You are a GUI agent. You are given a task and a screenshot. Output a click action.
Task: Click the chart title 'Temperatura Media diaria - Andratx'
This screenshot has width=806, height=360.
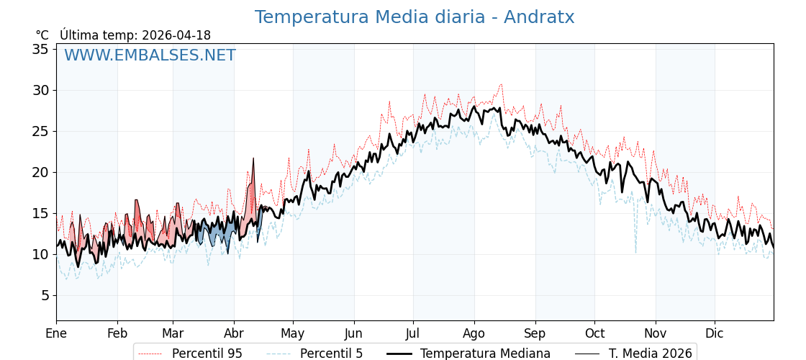coord(415,17)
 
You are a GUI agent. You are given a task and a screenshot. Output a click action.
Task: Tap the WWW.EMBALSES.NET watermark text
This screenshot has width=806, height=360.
coord(150,55)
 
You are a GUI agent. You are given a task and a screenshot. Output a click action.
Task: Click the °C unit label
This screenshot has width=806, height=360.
coord(42,35)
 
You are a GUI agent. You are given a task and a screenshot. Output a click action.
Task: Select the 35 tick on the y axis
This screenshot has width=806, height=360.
coord(40,49)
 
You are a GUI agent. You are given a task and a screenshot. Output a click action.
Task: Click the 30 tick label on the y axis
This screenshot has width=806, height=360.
coord(40,90)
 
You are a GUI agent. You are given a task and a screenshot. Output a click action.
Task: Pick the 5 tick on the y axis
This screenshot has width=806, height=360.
coord(44,295)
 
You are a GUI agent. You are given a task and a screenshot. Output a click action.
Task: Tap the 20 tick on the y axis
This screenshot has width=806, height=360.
coord(40,172)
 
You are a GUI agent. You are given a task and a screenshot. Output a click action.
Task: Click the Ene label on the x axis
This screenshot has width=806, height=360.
coord(56,333)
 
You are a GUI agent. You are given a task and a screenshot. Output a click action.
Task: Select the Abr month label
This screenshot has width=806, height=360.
coord(234,333)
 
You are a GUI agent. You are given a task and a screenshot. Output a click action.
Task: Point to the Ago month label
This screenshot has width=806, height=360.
coord(474,333)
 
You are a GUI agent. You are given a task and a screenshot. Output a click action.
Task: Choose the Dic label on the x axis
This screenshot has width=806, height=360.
coord(715,333)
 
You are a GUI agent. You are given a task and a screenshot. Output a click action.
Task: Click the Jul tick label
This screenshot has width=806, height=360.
coord(413,333)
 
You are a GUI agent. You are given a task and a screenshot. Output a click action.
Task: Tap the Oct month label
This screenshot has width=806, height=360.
coord(594,333)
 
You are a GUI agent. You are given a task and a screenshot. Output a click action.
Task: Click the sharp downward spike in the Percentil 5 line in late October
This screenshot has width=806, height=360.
coord(635,251)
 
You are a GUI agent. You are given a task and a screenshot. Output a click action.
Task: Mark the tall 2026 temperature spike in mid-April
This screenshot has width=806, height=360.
coord(253,159)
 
